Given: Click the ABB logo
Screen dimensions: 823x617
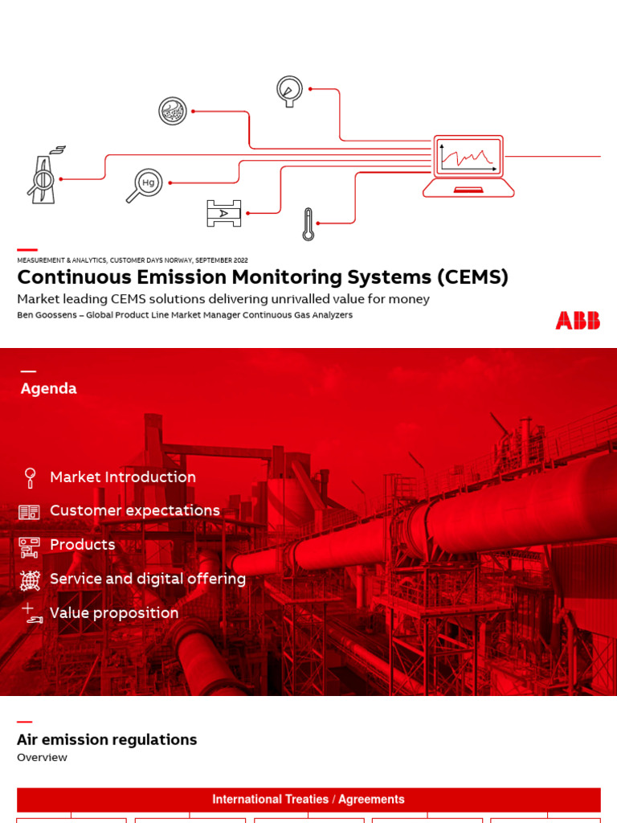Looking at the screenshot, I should [x=578, y=320].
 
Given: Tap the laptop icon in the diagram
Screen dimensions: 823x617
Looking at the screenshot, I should [x=468, y=166].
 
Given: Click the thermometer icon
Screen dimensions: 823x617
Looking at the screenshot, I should [x=308, y=224].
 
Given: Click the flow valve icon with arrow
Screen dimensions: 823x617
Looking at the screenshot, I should [x=223, y=213].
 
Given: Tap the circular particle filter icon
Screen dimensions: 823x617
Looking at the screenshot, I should [x=173, y=111].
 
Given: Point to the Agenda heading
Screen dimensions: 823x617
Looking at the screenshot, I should [x=49, y=388].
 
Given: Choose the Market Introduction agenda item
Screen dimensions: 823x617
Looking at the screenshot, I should [x=123, y=477].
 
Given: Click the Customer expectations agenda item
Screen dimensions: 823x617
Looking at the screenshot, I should [x=135, y=510].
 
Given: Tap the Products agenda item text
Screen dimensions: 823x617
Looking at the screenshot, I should [x=83, y=544].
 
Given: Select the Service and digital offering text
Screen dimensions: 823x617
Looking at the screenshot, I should [x=148, y=579].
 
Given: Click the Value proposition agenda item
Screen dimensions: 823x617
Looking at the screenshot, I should [x=114, y=612].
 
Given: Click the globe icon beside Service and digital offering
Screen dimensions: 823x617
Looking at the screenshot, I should [x=30, y=579].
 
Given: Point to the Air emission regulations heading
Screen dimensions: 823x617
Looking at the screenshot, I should [x=107, y=739].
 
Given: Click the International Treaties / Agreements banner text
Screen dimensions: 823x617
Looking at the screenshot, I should [x=308, y=799].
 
